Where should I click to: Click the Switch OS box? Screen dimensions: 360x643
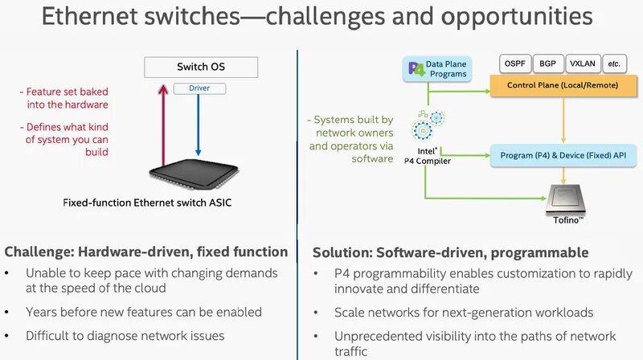[x=202, y=67]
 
